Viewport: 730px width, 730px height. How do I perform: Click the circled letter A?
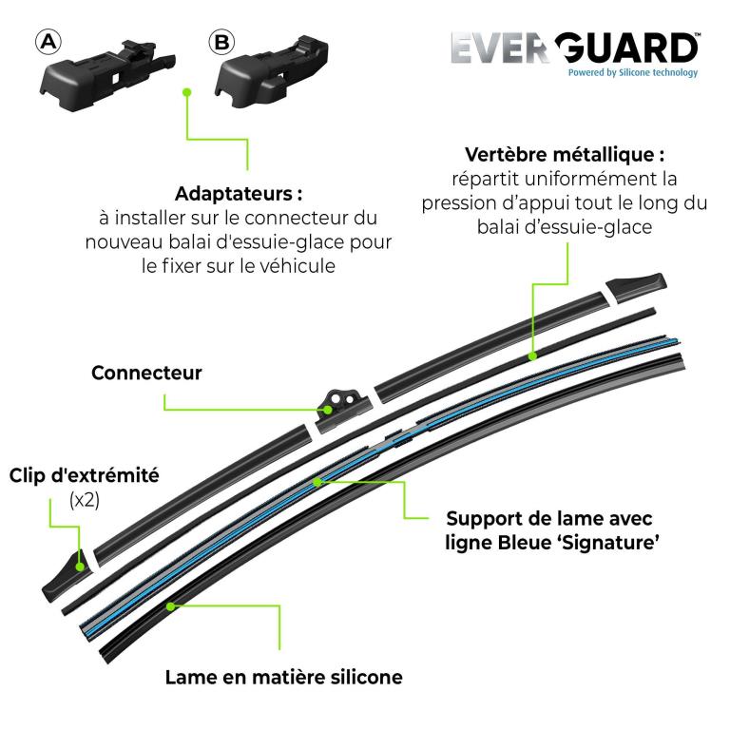tap(48, 43)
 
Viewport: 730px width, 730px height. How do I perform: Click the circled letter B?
tap(221, 43)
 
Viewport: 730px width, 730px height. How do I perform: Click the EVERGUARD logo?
tap(575, 48)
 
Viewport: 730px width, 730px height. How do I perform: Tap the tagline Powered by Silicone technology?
tap(633, 72)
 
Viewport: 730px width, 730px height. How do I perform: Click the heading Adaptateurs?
tap(239, 194)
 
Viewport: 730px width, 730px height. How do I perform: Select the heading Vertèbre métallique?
tap(565, 155)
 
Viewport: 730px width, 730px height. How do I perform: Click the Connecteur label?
tap(146, 373)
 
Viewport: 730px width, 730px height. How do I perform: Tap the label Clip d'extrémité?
tap(85, 475)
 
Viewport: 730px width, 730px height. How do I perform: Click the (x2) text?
tap(85, 500)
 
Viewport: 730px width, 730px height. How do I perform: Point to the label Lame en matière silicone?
tap(284, 678)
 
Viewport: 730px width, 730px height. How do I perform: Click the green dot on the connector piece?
tap(328, 410)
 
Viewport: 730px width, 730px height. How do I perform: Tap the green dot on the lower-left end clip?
tap(80, 567)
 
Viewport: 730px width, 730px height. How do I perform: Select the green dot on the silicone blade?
tap(171, 606)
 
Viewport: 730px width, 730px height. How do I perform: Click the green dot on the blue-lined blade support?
tap(317, 482)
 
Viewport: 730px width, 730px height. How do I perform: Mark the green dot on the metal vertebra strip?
tap(533, 355)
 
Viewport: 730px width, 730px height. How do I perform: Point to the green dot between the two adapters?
tap(187, 92)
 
